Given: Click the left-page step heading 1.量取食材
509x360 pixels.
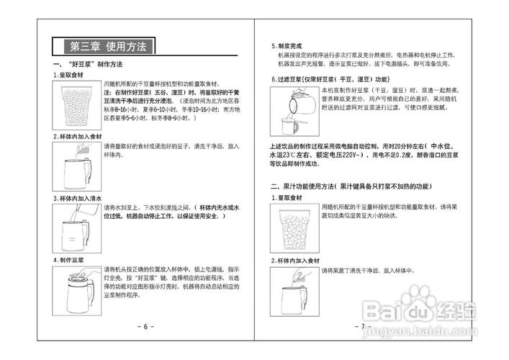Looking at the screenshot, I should click(x=72, y=74).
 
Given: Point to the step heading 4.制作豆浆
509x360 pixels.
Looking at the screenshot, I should click(x=69, y=258).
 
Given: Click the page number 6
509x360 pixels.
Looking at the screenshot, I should click(x=145, y=326).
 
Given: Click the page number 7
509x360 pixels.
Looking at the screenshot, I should click(x=361, y=326).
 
